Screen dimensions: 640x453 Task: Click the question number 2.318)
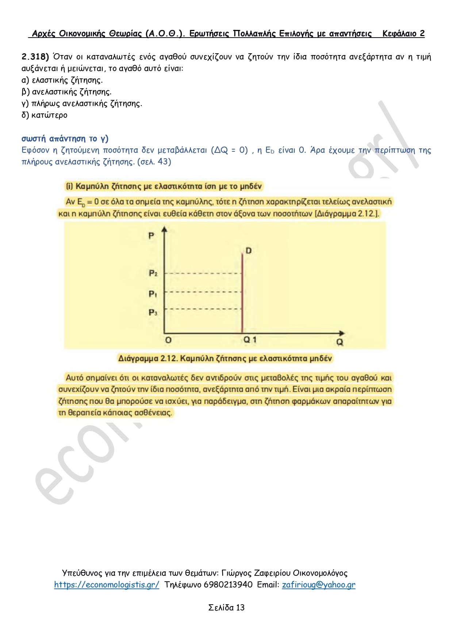click(35, 57)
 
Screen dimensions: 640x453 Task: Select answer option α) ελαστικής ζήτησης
click(62, 80)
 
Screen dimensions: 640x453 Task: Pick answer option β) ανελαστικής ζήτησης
click(66, 92)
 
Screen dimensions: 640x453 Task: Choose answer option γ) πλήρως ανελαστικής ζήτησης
click(82, 103)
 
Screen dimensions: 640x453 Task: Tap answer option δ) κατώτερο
click(45, 115)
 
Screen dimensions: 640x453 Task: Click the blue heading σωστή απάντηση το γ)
click(65, 138)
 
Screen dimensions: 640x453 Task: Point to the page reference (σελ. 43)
click(154, 162)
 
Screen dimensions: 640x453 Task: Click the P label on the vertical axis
click(151, 236)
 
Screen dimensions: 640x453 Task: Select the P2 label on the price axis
click(153, 273)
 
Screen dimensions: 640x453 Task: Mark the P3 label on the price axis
click(153, 313)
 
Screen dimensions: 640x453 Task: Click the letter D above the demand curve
click(249, 251)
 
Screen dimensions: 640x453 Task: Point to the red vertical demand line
click(242, 292)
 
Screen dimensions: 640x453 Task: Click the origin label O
click(168, 340)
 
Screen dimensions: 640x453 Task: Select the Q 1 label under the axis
click(250, 340)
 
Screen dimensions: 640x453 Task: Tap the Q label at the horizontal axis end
click(340, 342)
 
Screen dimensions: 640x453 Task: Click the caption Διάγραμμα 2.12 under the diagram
click(225, 358)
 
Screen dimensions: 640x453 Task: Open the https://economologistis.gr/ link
click(107, 585)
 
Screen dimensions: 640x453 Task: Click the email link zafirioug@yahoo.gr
click(318, 585)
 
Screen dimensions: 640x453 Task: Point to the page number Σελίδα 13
click(226, 607)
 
